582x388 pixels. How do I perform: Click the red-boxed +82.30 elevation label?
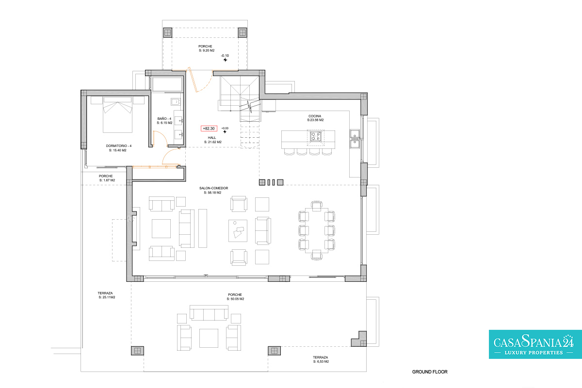click(209, 129)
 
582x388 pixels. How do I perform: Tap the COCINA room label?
click(315, 116)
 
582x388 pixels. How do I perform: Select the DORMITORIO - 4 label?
click(119, 146)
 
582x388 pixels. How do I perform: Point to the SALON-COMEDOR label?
click(213, 188)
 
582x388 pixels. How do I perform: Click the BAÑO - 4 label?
click(164, 119)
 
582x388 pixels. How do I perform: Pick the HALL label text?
click(212, 138)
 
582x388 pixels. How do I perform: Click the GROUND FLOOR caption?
click(430, 372)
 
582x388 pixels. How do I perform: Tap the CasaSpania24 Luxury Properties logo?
click(535, 344)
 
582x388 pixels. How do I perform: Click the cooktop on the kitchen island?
click(316, 136)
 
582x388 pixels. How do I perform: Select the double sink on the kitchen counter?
click(355, 139)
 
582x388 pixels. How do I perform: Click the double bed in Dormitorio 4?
click(117, 114)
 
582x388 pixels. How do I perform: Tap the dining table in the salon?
click(316, 230)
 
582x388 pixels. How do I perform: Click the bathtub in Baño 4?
click(167, 84)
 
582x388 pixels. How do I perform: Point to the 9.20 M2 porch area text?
click(207, 50)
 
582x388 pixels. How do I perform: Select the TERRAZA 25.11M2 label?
click(106, 295)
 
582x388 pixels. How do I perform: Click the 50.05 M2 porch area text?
click(235, 299)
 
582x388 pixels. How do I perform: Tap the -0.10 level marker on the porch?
click(225, 56)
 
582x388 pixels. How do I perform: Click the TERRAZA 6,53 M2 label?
click(321, 359)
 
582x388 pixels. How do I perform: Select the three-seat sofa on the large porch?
click(209, 313)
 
